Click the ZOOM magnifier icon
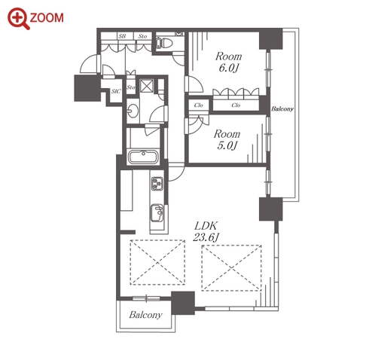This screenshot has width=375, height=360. (x=18, y=19)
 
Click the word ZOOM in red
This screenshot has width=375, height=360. (x=47, y=18)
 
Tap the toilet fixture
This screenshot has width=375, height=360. (x=163, y=43)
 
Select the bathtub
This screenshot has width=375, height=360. (x=143, y=157)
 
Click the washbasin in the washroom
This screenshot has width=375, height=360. (x=133, y=111)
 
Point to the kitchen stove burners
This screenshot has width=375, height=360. (x=157, y=184)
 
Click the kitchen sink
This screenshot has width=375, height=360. (x=157, y=213)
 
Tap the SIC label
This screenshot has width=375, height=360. (x=116, y=91)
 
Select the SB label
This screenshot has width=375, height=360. (x=122, y=36)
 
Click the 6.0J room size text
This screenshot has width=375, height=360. (x=228, y=68)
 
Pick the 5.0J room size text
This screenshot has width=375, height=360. (x=227, y=146)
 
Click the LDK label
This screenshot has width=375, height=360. (x=206, y=226)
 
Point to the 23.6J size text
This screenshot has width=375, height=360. (x=206, y=237)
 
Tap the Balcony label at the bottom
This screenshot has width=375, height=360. (x=145, y=315)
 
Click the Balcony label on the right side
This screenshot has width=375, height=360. (x=282, y=109)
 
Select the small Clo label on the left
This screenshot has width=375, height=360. (x=198, y=105)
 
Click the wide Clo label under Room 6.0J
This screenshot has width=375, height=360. (x=236, y=105)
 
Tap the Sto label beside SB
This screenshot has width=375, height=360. (x=142, y=36)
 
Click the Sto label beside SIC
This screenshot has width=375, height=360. (x=131, y=87)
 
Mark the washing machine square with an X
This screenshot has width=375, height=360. (x=147, y=86)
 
